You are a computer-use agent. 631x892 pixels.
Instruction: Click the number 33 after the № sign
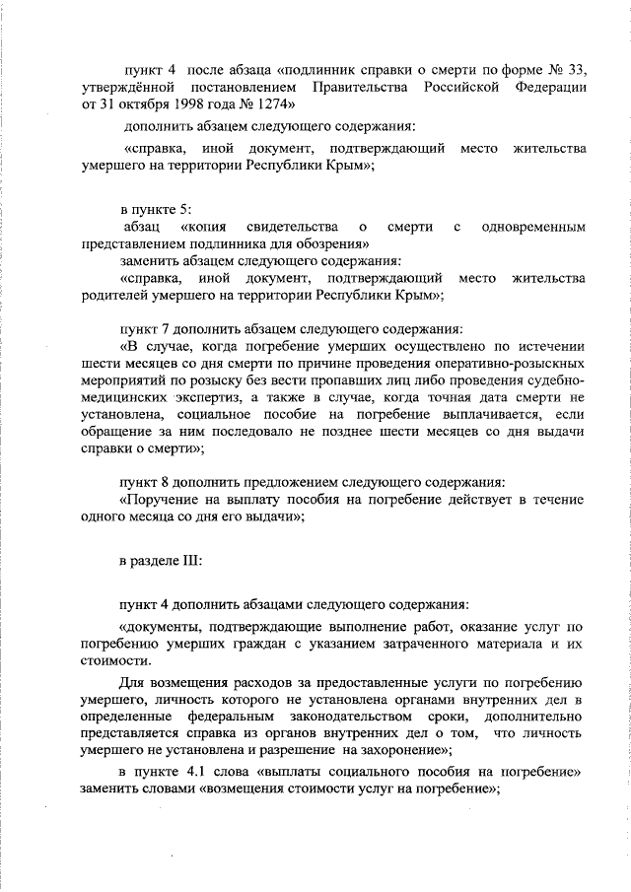coord(576,70)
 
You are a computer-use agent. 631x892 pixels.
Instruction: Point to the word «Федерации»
coord(546,88)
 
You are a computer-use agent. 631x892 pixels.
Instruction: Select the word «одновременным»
coord(533,227)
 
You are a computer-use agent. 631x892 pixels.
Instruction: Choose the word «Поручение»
coord(162,500)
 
